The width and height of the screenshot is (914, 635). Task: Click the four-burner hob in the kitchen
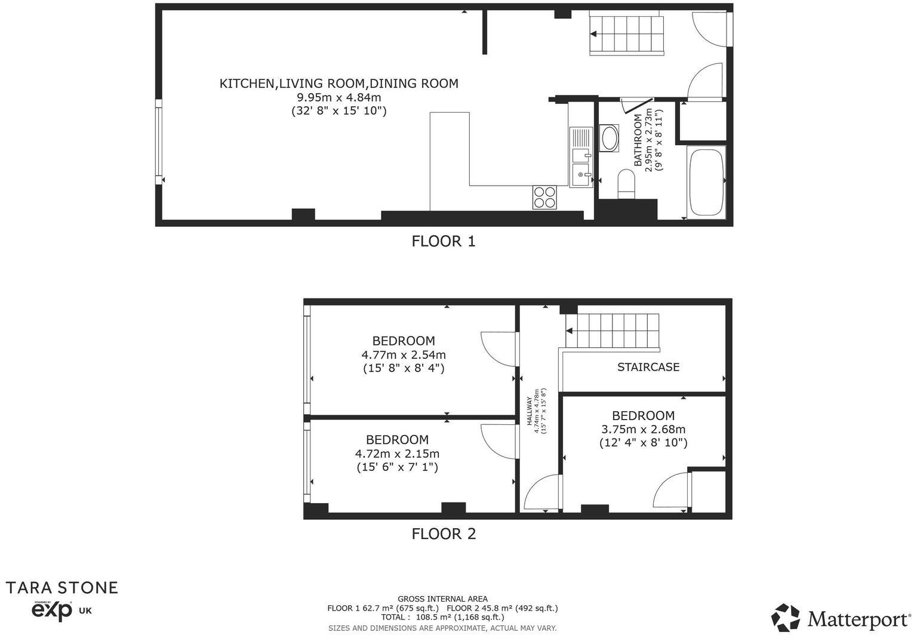(x=544, y=197)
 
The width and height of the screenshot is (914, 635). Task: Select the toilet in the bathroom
(x=626, y=183)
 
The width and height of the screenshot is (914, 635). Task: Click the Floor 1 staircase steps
(x=627, y=35)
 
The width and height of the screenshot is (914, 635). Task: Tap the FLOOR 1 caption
(x=444, y=241)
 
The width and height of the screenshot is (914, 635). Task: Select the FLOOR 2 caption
(x=444, y=534)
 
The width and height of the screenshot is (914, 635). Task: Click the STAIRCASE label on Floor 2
(x=648, y=367)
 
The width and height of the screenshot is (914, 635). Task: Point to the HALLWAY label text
(x=529, y=412)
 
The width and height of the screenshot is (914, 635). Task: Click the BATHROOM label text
(x=638, y=140)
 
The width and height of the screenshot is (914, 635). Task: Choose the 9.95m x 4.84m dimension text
(x=338, y=97)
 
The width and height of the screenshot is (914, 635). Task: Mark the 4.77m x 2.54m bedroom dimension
(x=404, y=355)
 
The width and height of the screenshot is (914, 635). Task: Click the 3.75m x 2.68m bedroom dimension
(x=643, y=429)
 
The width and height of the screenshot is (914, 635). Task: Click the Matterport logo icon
(x=786, y=617)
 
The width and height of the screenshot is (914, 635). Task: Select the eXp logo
(x=51, y=611)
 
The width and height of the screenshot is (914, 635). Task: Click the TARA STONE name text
(x=61, y=587)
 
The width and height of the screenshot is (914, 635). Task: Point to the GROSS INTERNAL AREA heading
(x=442, y=599)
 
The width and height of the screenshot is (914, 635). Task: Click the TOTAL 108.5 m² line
(x=442, y=618)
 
